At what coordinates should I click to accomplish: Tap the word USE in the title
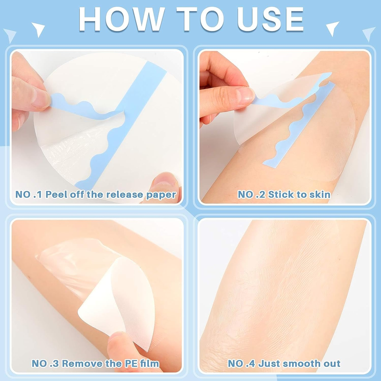pos(271,19)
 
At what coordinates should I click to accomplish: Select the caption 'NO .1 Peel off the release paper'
pos(96,194)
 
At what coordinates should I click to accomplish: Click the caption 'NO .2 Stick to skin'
pos(284,194)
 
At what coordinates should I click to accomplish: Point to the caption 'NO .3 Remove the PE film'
pos(96,364)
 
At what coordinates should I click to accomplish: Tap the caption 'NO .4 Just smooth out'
pos(284,364)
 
